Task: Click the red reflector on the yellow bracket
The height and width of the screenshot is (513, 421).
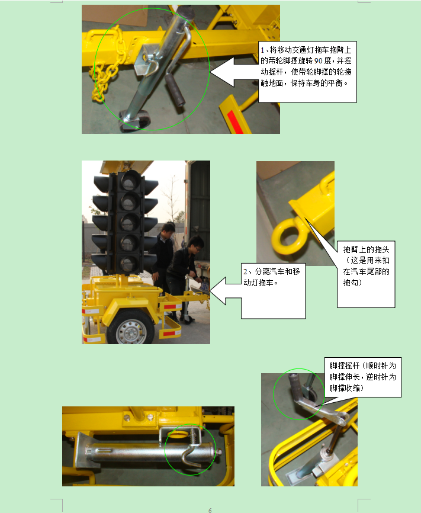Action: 236,121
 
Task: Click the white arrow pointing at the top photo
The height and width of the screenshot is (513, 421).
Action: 234,72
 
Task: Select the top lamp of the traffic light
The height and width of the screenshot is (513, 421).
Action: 129,180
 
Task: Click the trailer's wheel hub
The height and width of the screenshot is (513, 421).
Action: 131,331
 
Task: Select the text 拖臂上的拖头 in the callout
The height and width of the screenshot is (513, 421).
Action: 366,249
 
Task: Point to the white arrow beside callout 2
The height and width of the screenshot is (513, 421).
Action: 226,290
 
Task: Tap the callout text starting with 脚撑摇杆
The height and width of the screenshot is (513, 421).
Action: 363,377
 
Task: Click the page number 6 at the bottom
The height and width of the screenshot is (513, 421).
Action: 210,510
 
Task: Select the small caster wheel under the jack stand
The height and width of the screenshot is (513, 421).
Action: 136,121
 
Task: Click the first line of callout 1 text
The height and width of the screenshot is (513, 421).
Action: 306,50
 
